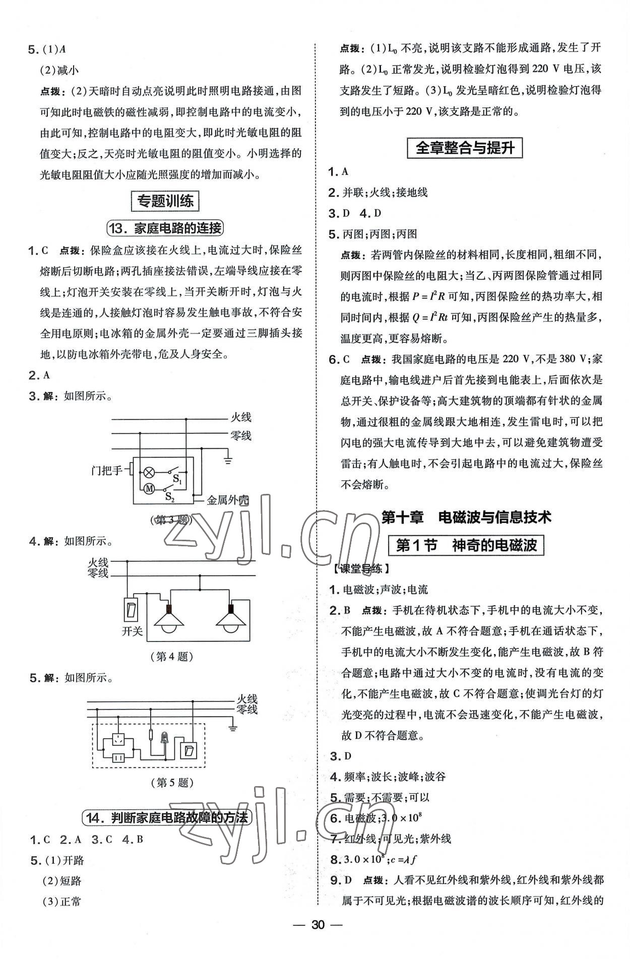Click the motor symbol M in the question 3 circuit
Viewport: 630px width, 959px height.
[x=149, y=488]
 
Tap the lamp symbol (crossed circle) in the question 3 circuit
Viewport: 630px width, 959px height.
[x=149, y=472]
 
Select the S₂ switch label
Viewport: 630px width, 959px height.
[x=170, y=497]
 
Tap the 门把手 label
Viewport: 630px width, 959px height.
[x=107, y=471]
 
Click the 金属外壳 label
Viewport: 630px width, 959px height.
[x=228, y=500]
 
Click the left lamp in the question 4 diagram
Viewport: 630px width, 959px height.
[x=169, y=618]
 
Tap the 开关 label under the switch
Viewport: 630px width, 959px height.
[x=132, y=631]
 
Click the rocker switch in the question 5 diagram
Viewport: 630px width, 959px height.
[x=189, y=751]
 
